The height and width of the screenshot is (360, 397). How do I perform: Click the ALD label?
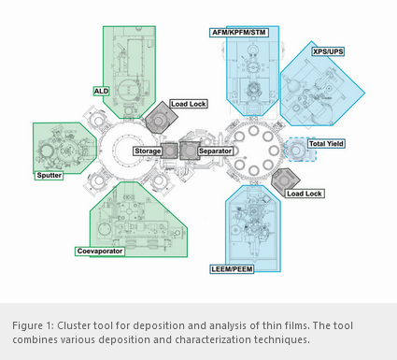[101, 91]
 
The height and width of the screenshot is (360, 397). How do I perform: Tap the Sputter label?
[49, 176]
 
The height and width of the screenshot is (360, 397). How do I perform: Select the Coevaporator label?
[100, 252]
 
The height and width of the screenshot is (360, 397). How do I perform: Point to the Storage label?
[148, 151]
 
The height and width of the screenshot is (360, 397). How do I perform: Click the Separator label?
[215, 151]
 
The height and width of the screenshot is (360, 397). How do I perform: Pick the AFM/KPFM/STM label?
[239, 33]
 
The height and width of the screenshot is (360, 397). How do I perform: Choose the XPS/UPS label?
[328, 51]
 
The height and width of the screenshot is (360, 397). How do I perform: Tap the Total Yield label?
[326, 144]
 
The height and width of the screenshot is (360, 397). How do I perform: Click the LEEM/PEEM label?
[232, 269]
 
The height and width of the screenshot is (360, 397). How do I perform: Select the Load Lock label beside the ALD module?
[189, 104]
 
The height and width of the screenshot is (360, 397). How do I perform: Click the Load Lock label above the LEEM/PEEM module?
[305, 194]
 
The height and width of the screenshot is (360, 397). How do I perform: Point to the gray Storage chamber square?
[169, 151]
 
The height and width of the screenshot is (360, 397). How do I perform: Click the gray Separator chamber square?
[190, 151]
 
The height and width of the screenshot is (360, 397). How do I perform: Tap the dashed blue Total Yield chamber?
[296, 150]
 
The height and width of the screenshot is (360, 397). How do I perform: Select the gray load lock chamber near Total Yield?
[284, 180]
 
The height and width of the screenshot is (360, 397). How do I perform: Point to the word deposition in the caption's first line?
[158, 325]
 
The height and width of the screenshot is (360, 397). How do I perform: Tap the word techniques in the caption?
[281, 339]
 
